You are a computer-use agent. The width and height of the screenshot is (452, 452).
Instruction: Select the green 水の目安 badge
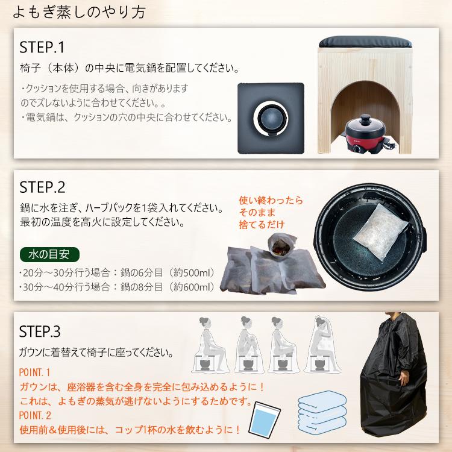(49, 253)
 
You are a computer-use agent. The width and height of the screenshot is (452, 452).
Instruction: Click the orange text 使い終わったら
(271, 201)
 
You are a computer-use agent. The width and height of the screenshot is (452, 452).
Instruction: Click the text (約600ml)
(195, 287)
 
